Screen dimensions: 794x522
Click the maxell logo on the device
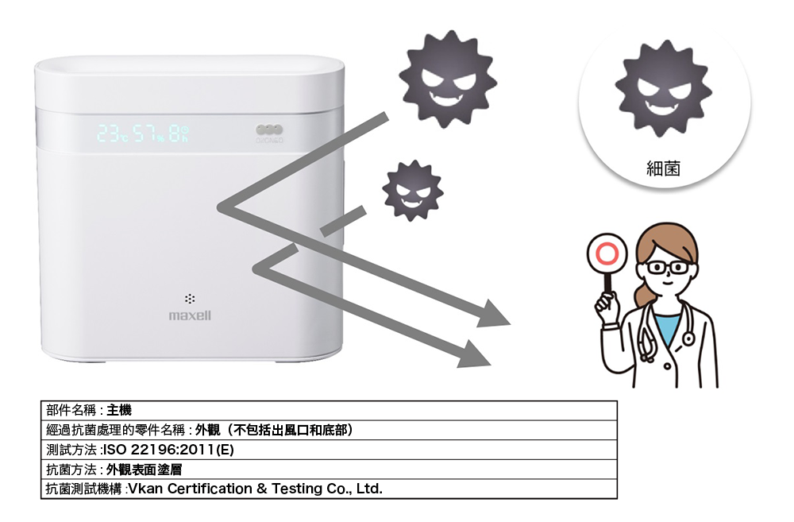(x=190, y=315)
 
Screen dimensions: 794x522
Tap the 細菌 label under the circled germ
(x=663, y=168)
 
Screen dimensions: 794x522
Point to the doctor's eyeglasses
(x=668, y=267)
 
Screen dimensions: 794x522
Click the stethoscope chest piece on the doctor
(x=688, y=338)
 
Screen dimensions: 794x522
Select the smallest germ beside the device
(x=413, y=191)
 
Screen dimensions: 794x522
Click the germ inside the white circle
(x=663, y=89)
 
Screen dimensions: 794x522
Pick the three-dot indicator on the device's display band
(x=269, y=130)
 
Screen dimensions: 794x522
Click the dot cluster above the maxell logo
(x=190, y=299)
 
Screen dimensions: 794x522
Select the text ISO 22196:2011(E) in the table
(x=168, y=450)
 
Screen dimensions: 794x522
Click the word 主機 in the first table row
(x=119, y=410)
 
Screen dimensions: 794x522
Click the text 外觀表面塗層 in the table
(x=144, y=470)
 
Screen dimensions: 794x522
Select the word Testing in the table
(x=296, y=489)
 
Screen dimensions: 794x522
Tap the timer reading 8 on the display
(x=174, y=133)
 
